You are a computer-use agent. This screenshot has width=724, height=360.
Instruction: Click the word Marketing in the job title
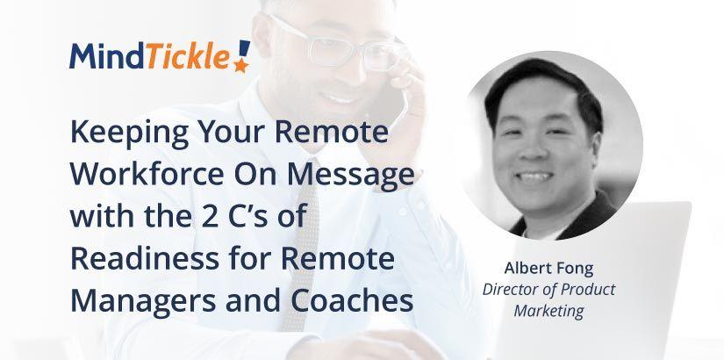pos(549,310)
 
